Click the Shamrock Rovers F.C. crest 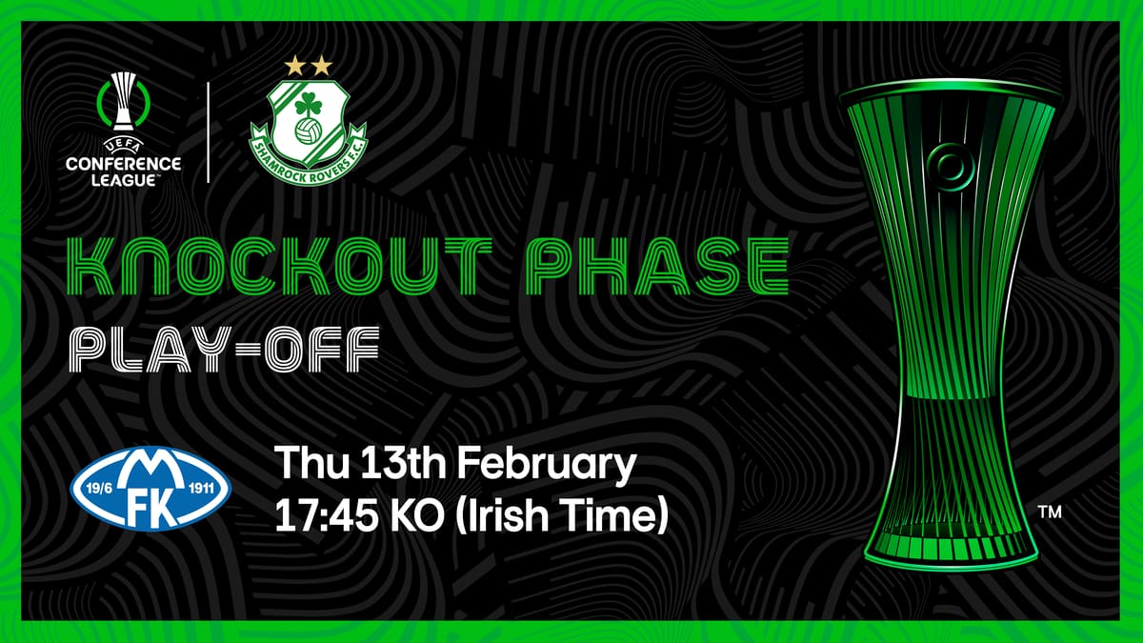pos(309,131)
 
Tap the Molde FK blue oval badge pos(151,489)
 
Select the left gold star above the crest pos(295,66)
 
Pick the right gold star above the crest pos(322,66)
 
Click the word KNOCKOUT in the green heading pos(279,267)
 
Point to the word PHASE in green pos(658,267)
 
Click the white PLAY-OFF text pos(225,350)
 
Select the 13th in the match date pos(404,462)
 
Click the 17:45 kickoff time pos(327,516)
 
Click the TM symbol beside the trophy pos(1050,512)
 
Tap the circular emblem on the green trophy pos(952,167)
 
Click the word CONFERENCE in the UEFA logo pos(124,164)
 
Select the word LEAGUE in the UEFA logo pos(124,180)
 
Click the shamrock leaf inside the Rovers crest pos(309,106)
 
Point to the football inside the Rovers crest pos(309,131)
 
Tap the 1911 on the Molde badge pos(202,489)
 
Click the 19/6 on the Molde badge pos(99,489)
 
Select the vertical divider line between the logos pos(209,132)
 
